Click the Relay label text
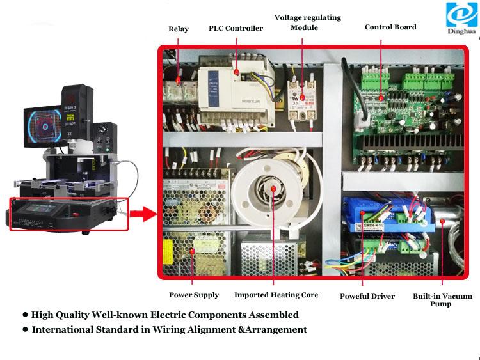click(x=179, y=29)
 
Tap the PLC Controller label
click(x=236, y=28)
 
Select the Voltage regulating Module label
click(x=308, y=22)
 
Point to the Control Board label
click(x=390, y=27)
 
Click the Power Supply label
click(x=194, y=295)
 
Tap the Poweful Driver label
click(x=367, y=296)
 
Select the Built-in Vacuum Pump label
click(x=442, y=300)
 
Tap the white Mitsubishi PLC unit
click(x=229, y=86)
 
